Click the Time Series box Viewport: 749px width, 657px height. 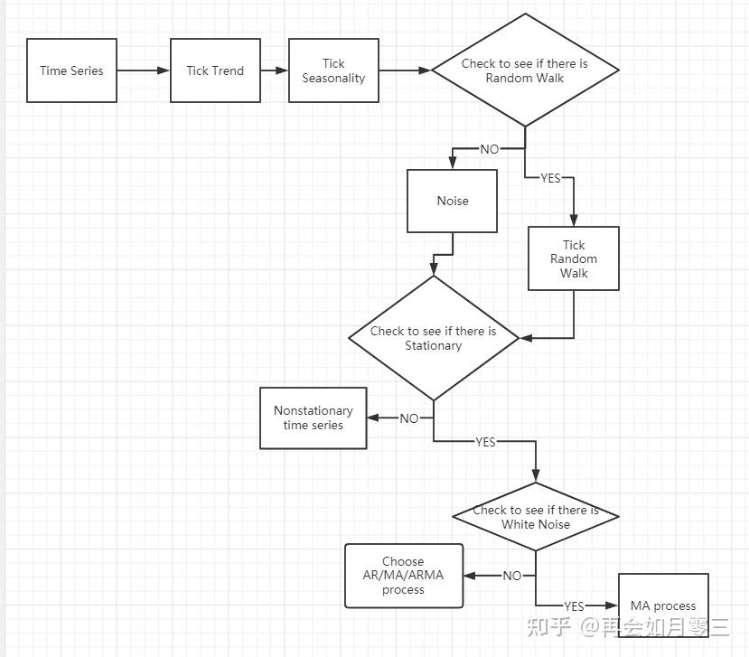point(71,70)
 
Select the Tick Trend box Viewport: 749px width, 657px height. point(215,70)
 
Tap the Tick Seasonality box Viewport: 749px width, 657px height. point(334,70)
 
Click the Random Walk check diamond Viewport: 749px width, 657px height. point(526,70)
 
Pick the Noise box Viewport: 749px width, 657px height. point(453,201)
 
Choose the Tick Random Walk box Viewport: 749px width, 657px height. point(574,258)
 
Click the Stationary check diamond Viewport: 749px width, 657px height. point(434,338)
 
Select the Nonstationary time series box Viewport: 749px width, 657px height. point(314,418)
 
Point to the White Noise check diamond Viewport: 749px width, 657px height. point(536,517)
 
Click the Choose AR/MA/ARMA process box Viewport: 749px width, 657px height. point(404,576)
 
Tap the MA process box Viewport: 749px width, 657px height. point(663,605)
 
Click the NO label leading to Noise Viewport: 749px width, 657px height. point(490,149)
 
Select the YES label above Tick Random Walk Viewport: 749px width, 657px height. point(550,178)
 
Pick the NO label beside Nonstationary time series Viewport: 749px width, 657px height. point(409,418)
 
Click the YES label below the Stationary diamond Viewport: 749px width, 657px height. point(485,442)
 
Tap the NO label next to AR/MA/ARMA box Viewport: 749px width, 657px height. point(512,576)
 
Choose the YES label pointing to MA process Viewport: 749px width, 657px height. point(574,606)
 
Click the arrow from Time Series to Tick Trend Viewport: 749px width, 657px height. point(144,70)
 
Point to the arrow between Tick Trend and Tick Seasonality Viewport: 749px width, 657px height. point(275,70)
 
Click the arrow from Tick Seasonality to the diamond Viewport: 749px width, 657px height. point(405,70)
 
